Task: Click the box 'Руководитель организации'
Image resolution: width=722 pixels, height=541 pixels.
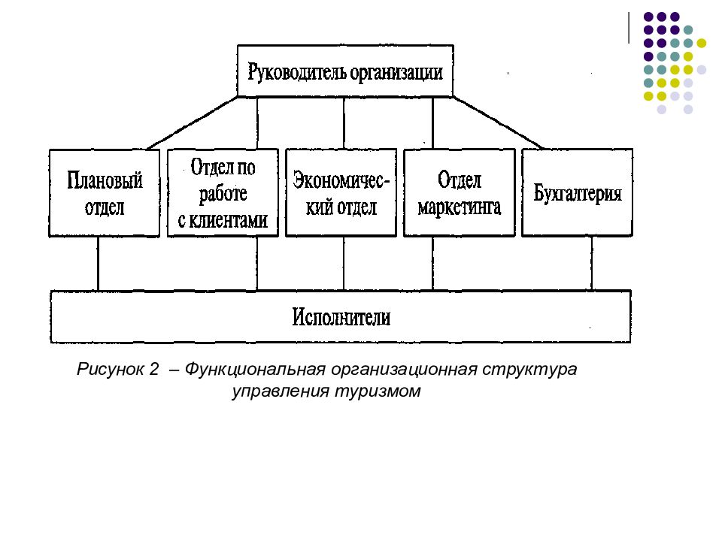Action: [x=345, y=71]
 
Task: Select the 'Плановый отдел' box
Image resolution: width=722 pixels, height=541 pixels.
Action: [x=105, y=193]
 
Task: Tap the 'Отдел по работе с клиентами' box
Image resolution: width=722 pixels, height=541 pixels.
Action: [x=223, y=193]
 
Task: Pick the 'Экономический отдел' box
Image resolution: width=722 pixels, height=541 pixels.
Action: [x=341, y=193]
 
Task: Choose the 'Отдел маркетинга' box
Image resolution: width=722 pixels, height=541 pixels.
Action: [x=460, y=193]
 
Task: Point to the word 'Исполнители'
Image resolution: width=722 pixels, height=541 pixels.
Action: [x=341, y=317]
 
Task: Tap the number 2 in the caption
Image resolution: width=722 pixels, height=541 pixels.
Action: [x=153, y=370]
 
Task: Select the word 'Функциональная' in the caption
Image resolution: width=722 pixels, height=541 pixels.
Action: [x=252, y=370]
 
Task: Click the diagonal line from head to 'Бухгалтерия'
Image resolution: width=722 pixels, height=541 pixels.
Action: [x=497, y=122]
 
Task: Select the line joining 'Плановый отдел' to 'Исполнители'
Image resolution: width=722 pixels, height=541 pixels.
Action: [x=99, y=264]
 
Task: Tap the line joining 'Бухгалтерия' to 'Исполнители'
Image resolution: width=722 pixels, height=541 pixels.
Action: [x=591, y=264]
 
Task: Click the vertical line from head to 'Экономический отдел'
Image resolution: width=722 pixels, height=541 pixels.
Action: [x=344, y=122]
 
